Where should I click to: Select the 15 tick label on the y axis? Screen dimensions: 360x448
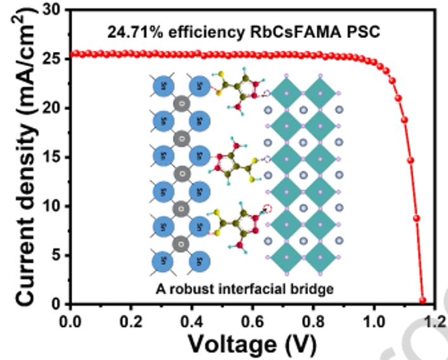coord(51,157)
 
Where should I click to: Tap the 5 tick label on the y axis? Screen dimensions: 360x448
coord(55,255)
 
